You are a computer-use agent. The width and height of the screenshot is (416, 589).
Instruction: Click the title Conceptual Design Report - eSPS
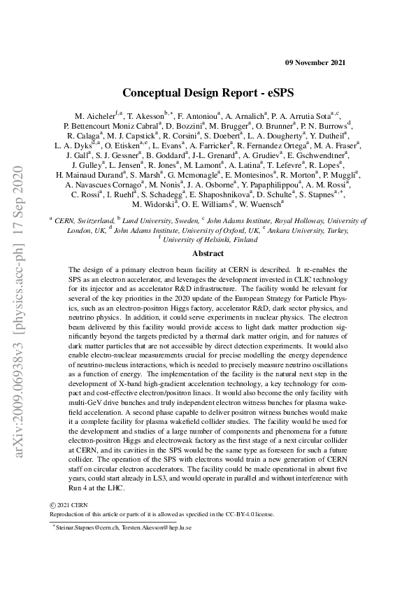coord(208,92)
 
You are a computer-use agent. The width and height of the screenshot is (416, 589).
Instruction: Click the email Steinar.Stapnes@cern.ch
coord(86,530)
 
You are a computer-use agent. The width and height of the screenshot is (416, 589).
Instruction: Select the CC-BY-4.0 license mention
coord(231,513)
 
